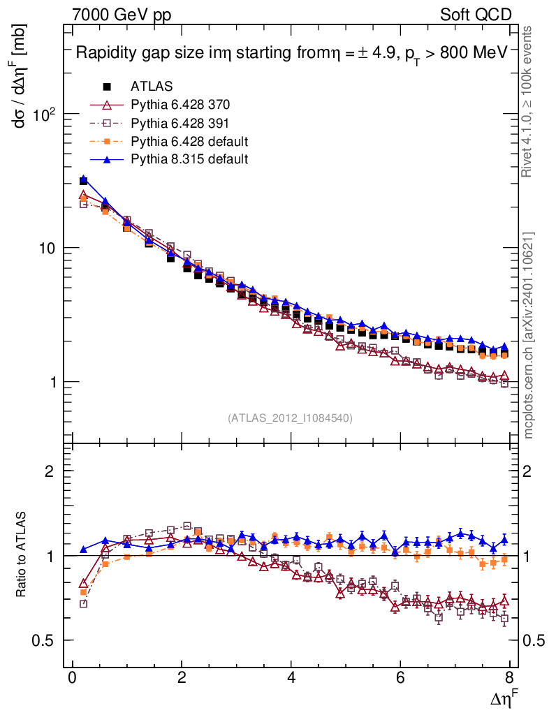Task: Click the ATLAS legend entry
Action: (x=151, y=87)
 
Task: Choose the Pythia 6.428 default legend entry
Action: (x=189, y=141)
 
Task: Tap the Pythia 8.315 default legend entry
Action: (x=189, y=159)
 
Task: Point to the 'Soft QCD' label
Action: (x=476, y=14)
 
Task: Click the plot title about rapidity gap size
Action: (x=291, y=53)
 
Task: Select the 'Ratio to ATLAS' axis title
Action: (x=21, y=555)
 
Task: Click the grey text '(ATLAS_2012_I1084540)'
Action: (x=290, y=418)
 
